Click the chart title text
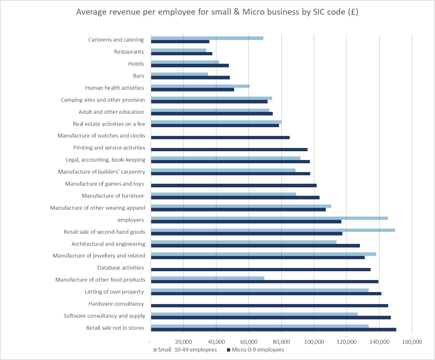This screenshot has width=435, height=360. click(x=217, y=12)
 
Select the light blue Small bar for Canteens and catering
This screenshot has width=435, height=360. click(x=207, y=38)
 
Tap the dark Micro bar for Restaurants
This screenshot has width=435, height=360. click(x=182, y=54)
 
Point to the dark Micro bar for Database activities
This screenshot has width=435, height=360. click(x=261, y=270)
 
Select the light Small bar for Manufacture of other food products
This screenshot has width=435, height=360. click(x=208, y=278)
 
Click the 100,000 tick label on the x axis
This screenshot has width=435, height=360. click(x=314, y=342)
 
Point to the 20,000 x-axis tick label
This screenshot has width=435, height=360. click(x=183, y=342)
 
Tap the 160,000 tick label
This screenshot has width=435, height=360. click(x=412, y=342)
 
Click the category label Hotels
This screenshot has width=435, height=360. click(x=136, y=64)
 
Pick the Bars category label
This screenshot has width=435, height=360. click(x=138, y=76)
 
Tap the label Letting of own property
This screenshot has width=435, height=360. click(x=114, y=292)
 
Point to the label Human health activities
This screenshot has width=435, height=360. click(x=114, y=88)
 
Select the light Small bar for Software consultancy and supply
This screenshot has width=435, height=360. click(x=254, y=314)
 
